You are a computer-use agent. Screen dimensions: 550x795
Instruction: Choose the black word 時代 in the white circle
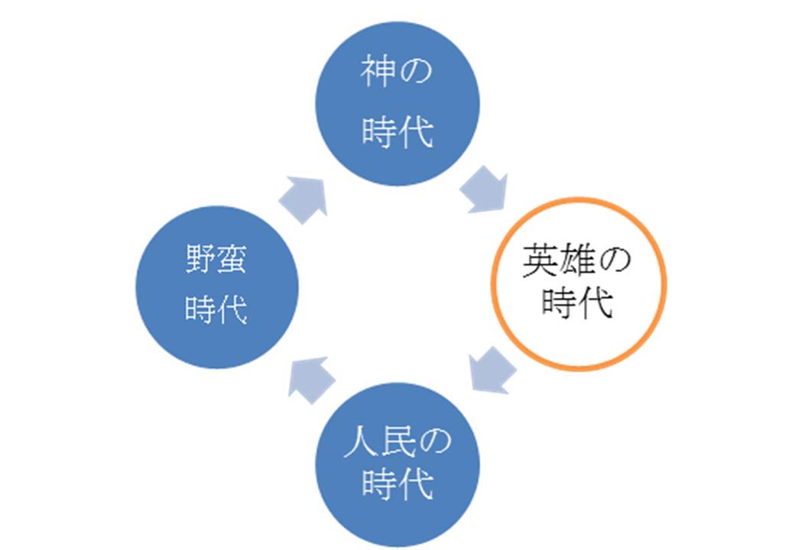click(577, 303)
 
